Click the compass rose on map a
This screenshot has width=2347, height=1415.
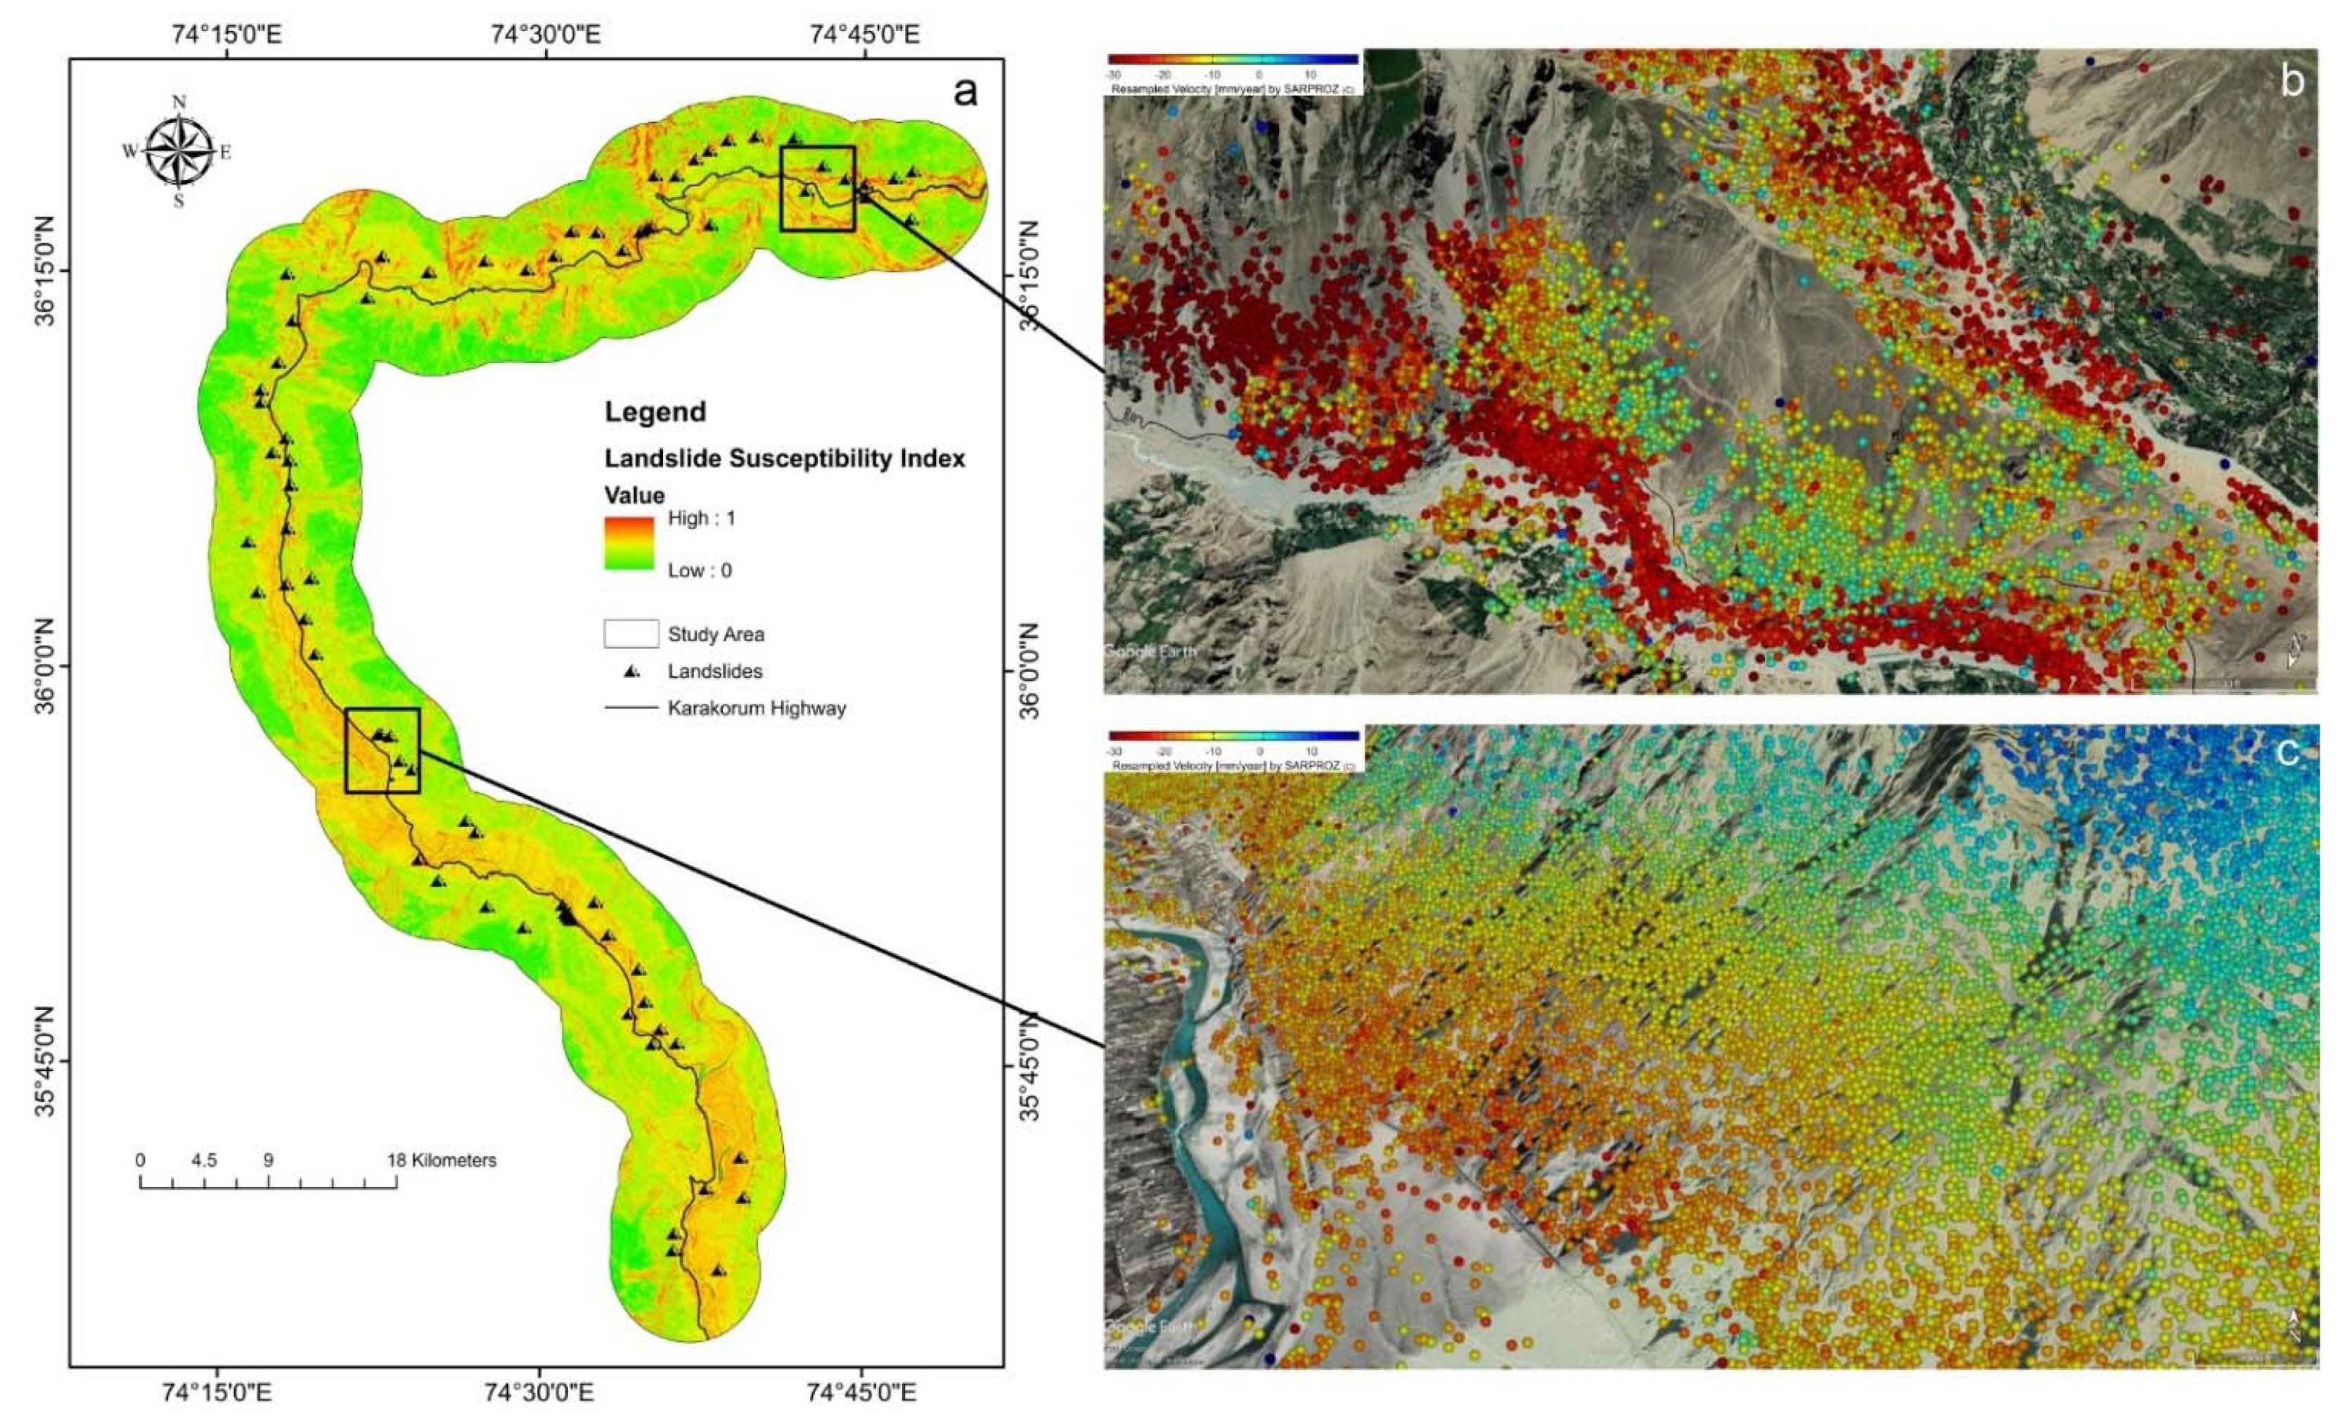click(178, 151)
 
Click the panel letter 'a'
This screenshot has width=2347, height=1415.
click(965, 91)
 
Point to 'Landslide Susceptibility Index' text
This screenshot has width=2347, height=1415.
click(785, 459)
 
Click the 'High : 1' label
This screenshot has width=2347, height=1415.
click(701, 518)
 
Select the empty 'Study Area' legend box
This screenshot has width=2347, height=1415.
click(631, 634)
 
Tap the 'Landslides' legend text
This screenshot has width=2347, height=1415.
click(714, 672)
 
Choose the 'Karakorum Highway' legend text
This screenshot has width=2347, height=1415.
click(757, 709)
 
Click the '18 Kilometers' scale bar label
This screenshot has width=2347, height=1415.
click(441, 1160)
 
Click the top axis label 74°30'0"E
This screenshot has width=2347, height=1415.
click(546, 34)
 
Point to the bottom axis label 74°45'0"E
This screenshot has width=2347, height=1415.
click(862, 1393)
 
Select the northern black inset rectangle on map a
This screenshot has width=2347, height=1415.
click(817, 188)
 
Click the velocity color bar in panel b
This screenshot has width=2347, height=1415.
click(1233, 59)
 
